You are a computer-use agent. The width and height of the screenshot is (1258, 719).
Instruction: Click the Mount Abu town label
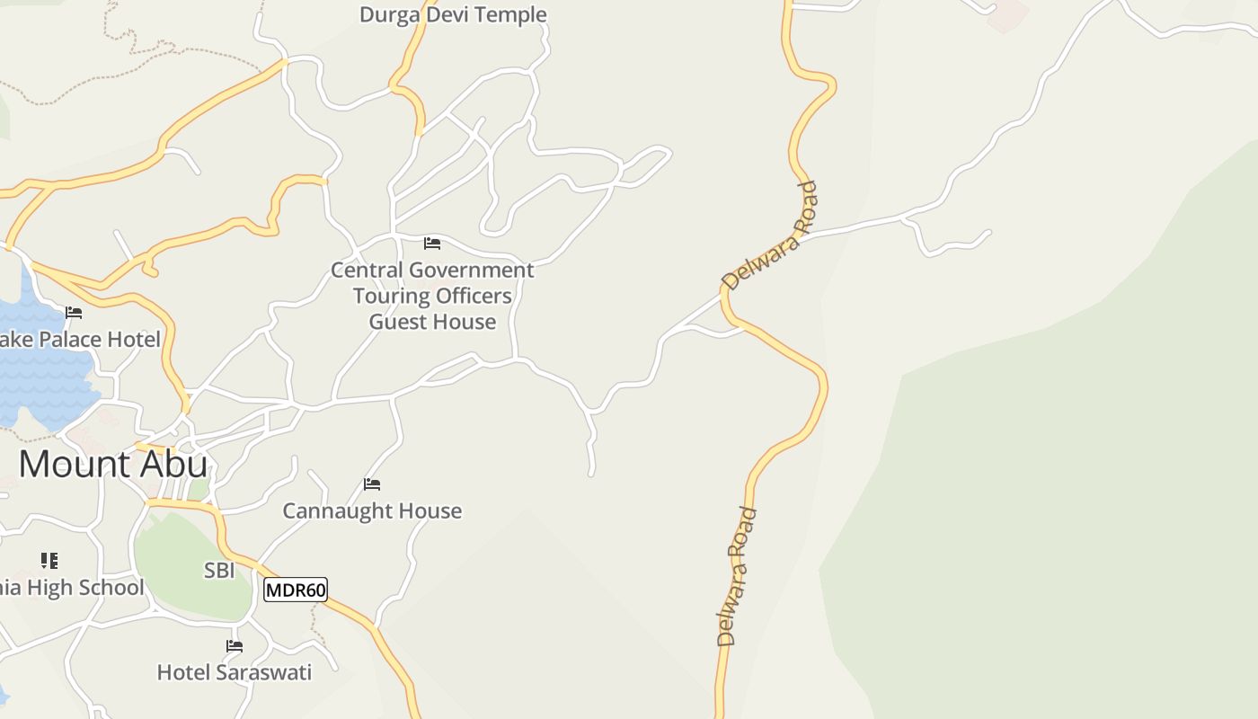(113, 464)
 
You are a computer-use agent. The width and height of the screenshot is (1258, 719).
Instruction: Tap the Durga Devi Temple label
(453, 14)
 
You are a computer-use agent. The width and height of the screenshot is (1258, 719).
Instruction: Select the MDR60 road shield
(296, 590)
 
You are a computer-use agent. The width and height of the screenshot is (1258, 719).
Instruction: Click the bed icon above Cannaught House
(372, 484)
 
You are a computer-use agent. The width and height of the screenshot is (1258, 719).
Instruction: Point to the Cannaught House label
(372, 510)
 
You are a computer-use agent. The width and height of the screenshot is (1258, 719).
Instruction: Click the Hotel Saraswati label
(234, 672)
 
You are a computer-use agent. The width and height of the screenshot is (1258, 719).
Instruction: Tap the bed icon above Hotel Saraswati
(235, 645)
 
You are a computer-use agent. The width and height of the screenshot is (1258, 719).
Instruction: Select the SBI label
(219, 570)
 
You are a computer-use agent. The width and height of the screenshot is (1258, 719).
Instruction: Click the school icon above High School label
(49, 561)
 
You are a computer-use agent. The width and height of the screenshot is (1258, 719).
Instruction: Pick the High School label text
(72, 588)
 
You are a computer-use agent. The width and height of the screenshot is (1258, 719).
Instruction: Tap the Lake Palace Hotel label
(81, 339)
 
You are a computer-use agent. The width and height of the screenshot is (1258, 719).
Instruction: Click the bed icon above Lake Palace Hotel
(74, 313)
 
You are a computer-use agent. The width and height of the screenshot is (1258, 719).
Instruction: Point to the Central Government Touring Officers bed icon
(432, 243)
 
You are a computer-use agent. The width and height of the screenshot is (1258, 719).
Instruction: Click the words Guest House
(432, 322)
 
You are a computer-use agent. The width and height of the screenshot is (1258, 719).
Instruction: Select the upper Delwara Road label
(770, 235)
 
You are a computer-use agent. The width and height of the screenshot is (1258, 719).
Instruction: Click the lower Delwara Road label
(737, 577)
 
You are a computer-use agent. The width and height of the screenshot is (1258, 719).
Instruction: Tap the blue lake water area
(40, 368)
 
